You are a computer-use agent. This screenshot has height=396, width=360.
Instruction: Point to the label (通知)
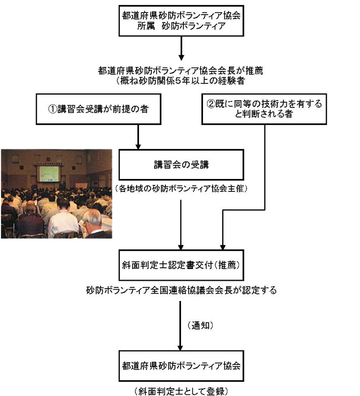pos(200,325)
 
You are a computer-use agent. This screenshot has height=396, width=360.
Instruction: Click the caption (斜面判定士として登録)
pos(181,391)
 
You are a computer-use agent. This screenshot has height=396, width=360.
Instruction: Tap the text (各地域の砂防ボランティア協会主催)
pos(181,188)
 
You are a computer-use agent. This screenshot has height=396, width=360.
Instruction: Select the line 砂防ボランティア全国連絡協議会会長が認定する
pos(181,290)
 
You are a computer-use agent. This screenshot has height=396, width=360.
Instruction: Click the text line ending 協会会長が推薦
pos(181,70)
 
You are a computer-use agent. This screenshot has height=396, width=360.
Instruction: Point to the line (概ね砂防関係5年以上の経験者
pos(181,80)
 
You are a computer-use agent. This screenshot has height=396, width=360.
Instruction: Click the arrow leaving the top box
pos(181,48)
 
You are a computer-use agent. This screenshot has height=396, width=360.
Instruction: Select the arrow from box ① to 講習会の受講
pos(138,137)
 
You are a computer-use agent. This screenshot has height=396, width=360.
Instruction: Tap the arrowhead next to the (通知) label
pos(180,348)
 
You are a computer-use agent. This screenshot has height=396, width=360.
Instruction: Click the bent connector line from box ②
pos(264,210)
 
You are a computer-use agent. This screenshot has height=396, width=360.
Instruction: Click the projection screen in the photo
pos(49,173)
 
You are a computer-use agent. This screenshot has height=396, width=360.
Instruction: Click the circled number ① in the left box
pos(52,109)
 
